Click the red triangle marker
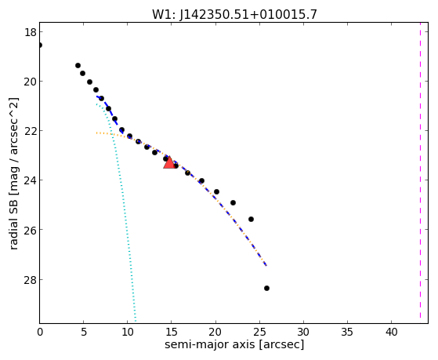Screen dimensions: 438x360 coord(169,162)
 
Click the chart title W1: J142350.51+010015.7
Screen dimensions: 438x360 coord(234,15)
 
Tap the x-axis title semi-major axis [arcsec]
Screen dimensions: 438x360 coord(234,344)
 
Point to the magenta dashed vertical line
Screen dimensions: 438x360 coord(420,173)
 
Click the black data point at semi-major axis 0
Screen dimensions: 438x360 coord(40,45)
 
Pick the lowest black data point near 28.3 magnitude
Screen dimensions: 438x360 coord(266,288)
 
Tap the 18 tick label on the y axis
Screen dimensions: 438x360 coord(31,32)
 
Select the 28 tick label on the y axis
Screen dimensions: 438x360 coord(31,279)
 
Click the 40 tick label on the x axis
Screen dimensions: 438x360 coord(391,332)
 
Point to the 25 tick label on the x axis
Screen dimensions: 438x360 coord(259,332)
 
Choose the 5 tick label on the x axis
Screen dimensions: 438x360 coord(84,332)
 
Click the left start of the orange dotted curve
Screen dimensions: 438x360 coord(96,133)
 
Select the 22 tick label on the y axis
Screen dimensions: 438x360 coord(31,131)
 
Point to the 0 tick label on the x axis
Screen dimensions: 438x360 coord(40,332)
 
